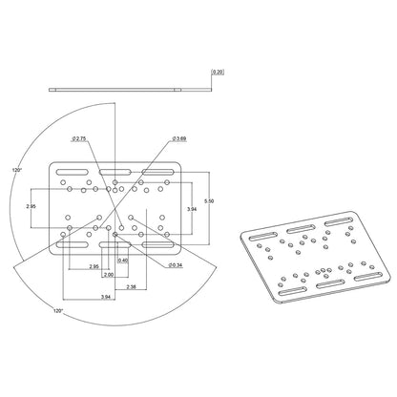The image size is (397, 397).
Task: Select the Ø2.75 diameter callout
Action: pyautogui.click(x=79, y=139)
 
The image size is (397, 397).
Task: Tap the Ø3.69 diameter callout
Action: pyautogui.click(x=178, y=139)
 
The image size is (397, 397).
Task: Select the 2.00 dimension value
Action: pyautogui.click(x=109, y=274)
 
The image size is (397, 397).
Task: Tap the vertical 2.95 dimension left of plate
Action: pyautogui.click(x=31, y=205)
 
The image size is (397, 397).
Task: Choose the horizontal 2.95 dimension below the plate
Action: pyautogui.click(x=94, y=266)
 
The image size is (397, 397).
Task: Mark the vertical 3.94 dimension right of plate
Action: pyautogui.click(x=191, y=208)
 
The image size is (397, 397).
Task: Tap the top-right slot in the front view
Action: pyautogui.click(x=157, y=172)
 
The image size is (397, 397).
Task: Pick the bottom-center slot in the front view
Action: pyautogui.click(x=114, y=246)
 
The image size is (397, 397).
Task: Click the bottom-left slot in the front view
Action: pyautogui.click(x=71, y=246)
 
